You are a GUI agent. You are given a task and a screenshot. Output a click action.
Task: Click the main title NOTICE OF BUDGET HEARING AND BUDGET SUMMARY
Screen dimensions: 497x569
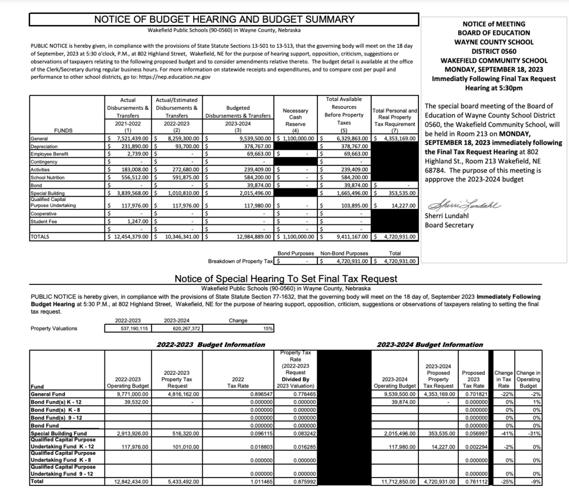224,19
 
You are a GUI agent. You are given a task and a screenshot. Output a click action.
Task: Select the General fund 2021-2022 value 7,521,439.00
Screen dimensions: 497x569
132,138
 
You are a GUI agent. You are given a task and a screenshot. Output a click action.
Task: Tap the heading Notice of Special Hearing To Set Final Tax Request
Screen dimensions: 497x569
286,278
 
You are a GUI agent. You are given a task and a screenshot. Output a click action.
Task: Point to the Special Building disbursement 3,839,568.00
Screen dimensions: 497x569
132,193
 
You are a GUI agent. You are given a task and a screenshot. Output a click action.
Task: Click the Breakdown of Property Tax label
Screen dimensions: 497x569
241,260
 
